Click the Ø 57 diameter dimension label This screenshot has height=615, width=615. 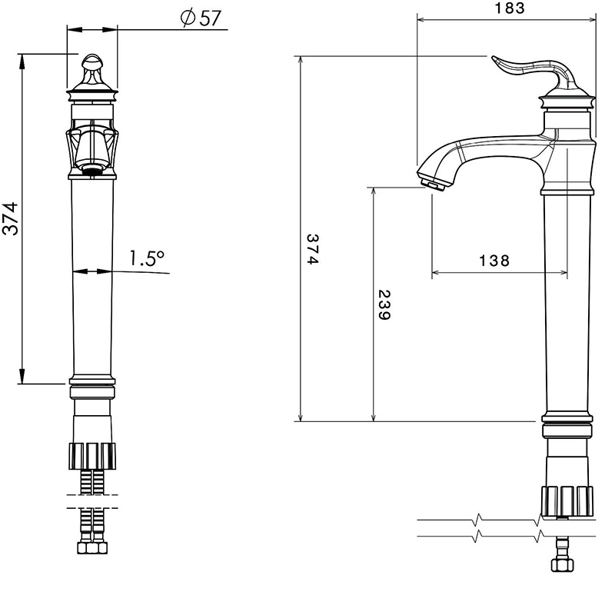click(201, 18)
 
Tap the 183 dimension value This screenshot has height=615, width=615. click(510, 8)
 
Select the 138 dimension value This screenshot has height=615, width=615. click(494, 261)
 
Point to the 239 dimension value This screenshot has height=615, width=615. click(384, 304)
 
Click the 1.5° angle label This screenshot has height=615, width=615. click(147, 258)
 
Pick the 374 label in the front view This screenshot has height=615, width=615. click(10, 218)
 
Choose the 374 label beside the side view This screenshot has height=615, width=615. click(313, 249)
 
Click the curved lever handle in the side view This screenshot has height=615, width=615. click(534, 72)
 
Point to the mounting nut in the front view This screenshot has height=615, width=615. click(92, 456)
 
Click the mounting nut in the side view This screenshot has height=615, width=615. click(567, 500)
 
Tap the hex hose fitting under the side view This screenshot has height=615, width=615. click(563, 565)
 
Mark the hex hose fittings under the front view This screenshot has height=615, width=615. click(92, 547)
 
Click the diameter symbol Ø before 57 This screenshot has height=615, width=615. click(188, 18)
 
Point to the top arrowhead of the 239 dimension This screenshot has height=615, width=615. click(374, 191)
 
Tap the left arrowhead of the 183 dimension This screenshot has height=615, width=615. click(422, 20)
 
